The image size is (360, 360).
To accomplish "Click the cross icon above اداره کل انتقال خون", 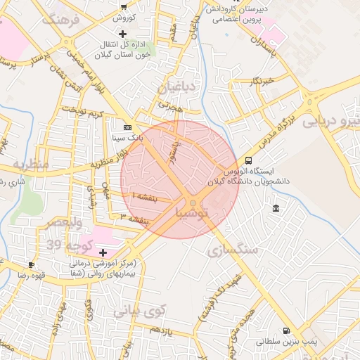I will tap(123, 34).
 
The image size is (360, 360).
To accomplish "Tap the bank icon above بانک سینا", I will tap(127, 127).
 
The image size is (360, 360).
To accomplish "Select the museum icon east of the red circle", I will tap(275, 209).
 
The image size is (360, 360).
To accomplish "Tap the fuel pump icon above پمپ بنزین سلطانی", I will tap(285, 330).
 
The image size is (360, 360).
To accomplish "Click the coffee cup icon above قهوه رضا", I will tap(31, 265).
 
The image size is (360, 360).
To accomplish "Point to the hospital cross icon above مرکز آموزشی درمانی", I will tap(103, 252).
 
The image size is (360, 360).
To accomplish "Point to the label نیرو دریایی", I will tap(330, 122).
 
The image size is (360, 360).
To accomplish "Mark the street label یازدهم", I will tap(161, 330).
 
